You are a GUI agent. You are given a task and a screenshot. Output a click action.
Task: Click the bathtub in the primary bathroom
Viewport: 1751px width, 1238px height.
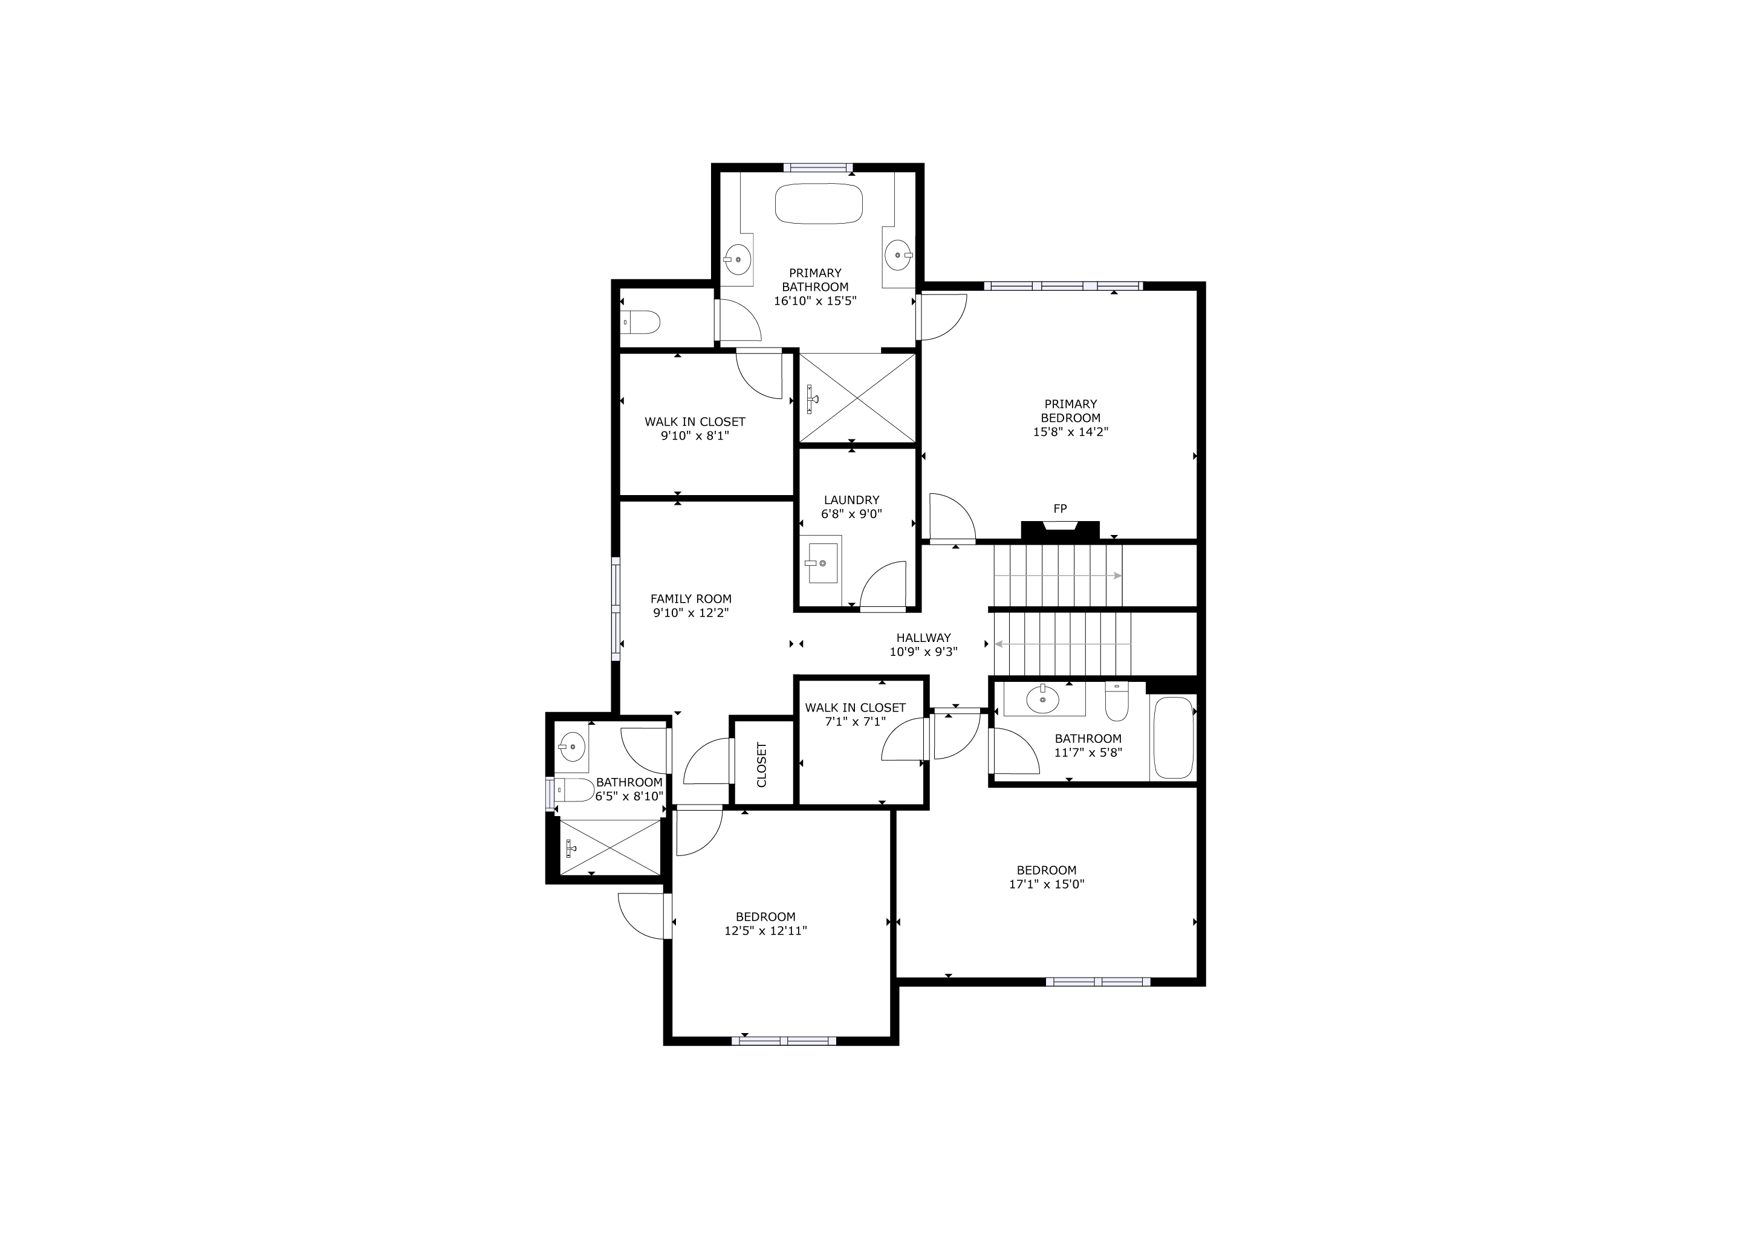coord(818,204)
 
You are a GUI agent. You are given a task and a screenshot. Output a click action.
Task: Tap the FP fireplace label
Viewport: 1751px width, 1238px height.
coord(1060,508)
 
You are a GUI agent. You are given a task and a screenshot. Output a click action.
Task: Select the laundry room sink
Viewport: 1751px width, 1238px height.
coord(823,563)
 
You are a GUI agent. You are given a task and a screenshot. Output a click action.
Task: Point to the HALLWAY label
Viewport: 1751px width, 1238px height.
coord(923,638)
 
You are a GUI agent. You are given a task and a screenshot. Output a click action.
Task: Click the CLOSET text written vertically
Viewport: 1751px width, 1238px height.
coord(762,765)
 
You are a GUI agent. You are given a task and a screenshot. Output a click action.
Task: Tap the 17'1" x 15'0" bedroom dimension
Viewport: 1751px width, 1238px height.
coord(1047,884)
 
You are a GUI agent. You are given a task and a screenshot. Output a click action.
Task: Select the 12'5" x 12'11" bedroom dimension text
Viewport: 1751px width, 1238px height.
coord(765,931)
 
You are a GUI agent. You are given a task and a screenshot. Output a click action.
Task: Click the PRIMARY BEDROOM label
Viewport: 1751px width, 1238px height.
coord(1071,411)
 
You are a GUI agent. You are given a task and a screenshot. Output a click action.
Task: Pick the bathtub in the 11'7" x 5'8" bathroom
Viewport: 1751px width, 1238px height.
coord(1173,738)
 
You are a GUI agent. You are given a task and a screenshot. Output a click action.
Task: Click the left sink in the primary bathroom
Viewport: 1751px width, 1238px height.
coord(738,259)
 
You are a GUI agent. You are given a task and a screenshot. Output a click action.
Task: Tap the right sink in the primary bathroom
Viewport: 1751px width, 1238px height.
coord(898,255)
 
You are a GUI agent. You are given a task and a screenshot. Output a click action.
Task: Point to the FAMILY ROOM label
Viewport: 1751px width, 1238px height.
coord(691,599)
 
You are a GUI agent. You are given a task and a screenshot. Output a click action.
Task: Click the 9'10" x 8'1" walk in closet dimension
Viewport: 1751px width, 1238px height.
coord(695,436)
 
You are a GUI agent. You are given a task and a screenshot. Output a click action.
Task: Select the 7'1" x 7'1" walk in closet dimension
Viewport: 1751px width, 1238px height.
coord(855,721)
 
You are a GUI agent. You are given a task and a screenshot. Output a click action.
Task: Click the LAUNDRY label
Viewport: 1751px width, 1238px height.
coord(852,500)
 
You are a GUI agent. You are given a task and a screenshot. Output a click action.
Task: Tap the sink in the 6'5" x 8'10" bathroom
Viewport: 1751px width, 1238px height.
coord(571,745)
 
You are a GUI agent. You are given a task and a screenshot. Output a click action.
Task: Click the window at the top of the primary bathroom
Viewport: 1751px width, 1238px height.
coord(817,167)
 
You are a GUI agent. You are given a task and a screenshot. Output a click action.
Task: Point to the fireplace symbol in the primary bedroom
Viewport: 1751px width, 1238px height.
coord(1060,530)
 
